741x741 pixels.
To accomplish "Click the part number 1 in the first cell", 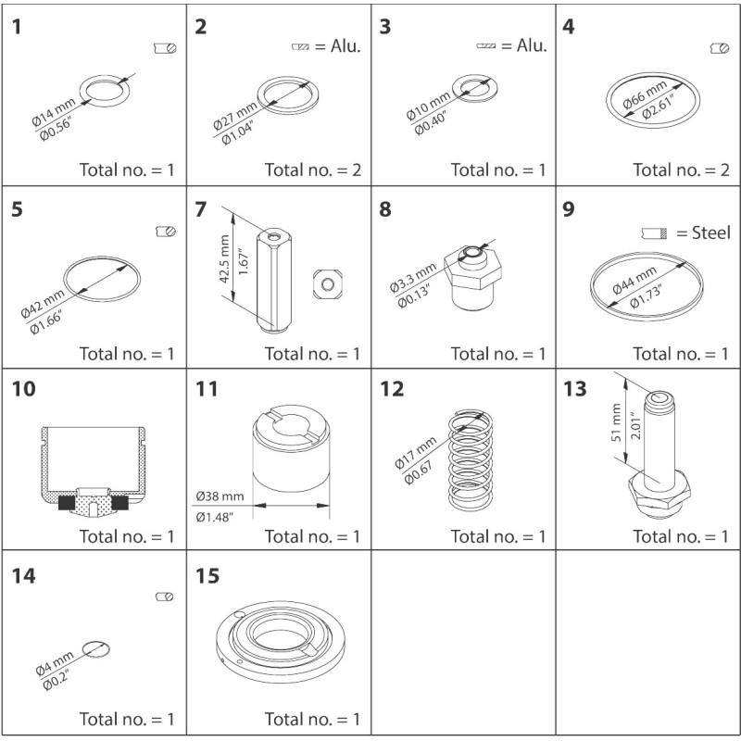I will pos(18,26).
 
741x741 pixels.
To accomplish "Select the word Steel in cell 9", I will pos(710,232).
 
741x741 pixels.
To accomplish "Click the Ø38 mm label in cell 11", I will pos(219,496).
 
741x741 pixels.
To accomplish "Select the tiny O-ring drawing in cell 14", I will pos(95,649).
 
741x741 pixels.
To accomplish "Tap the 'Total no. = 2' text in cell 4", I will pos(681,170).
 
